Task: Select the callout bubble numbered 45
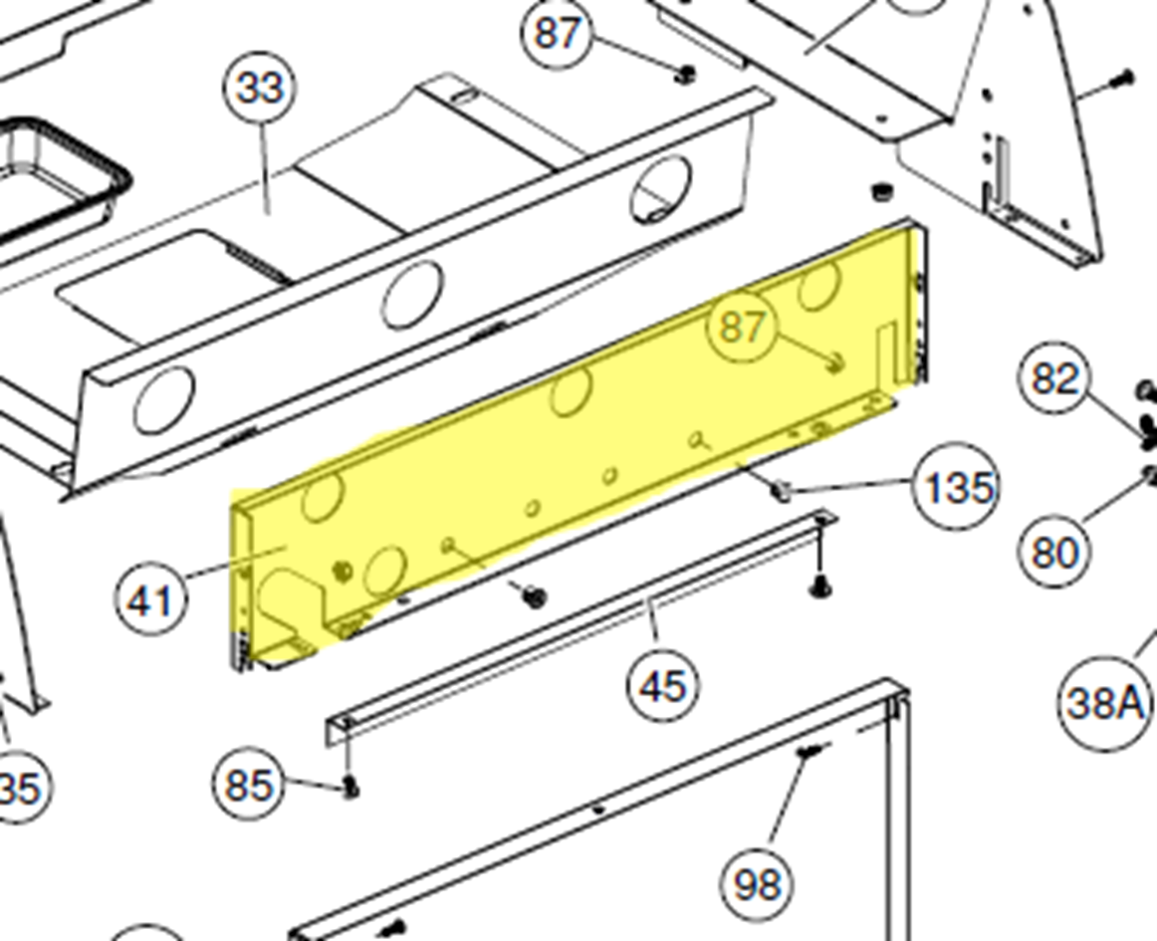coord(662,686)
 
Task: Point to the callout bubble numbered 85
coord(249,784)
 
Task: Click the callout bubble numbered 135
coord(956,487)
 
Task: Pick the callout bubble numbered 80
coord(1055,551)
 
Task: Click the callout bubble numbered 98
coord(757,883)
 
